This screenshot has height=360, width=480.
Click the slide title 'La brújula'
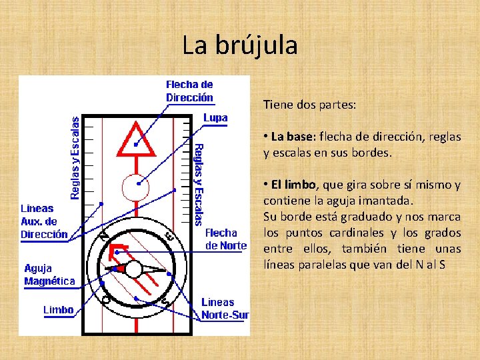click(x=240, y=45)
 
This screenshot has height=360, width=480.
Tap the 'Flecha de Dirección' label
click(x=189, y=91)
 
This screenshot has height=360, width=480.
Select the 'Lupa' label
click(x=215, y=118)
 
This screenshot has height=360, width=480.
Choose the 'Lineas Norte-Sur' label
click(x=225, y=309)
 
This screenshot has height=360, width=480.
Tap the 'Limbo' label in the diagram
click(x=59, y=310)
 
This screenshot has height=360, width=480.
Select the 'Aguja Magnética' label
click(x=49, y=275)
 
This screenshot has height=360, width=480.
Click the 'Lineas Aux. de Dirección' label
click(x=44, y=221)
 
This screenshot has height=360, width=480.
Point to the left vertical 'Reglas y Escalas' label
click(x=75, y=158)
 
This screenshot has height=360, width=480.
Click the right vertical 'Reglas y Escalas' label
click(x=199, y=183)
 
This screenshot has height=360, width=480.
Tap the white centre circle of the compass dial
click(x=133, y=269)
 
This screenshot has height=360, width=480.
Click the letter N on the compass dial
click(x=104, y=235)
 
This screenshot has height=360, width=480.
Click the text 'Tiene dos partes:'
click(x=309, y=105)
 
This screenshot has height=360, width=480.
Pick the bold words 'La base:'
click(x=292, y=137)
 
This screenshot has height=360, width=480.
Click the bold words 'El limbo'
click(x=293, y=185)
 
